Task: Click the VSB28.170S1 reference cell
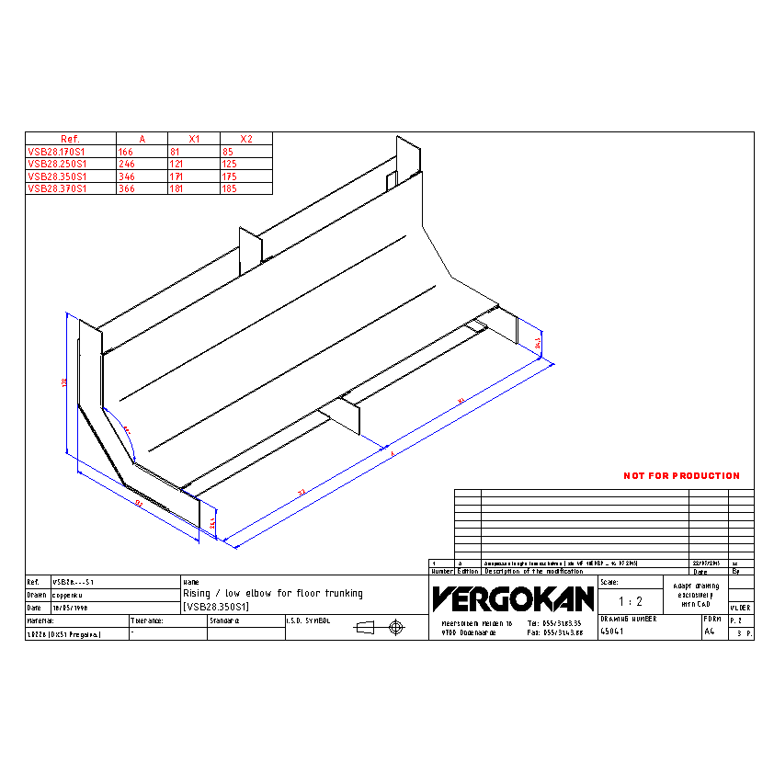coord(57,151)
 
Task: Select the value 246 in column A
coord(127,164)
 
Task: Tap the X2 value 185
coord(230,188)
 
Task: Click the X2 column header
coord(245,139)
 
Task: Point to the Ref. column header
coord(70,139)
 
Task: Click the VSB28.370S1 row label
coord(57,188)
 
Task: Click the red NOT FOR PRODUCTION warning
coord(681,476)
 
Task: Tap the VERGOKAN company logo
coord(513,599)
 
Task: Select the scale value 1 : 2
coord(630,602)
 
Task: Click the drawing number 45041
coord(612,632)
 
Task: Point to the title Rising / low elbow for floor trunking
coord(273,594)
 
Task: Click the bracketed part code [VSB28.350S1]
coord(216,608)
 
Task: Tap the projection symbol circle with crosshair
coord(396,627)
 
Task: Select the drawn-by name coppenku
coord(69,595)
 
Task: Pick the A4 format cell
coord(709,632)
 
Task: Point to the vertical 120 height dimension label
coord(64,381)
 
